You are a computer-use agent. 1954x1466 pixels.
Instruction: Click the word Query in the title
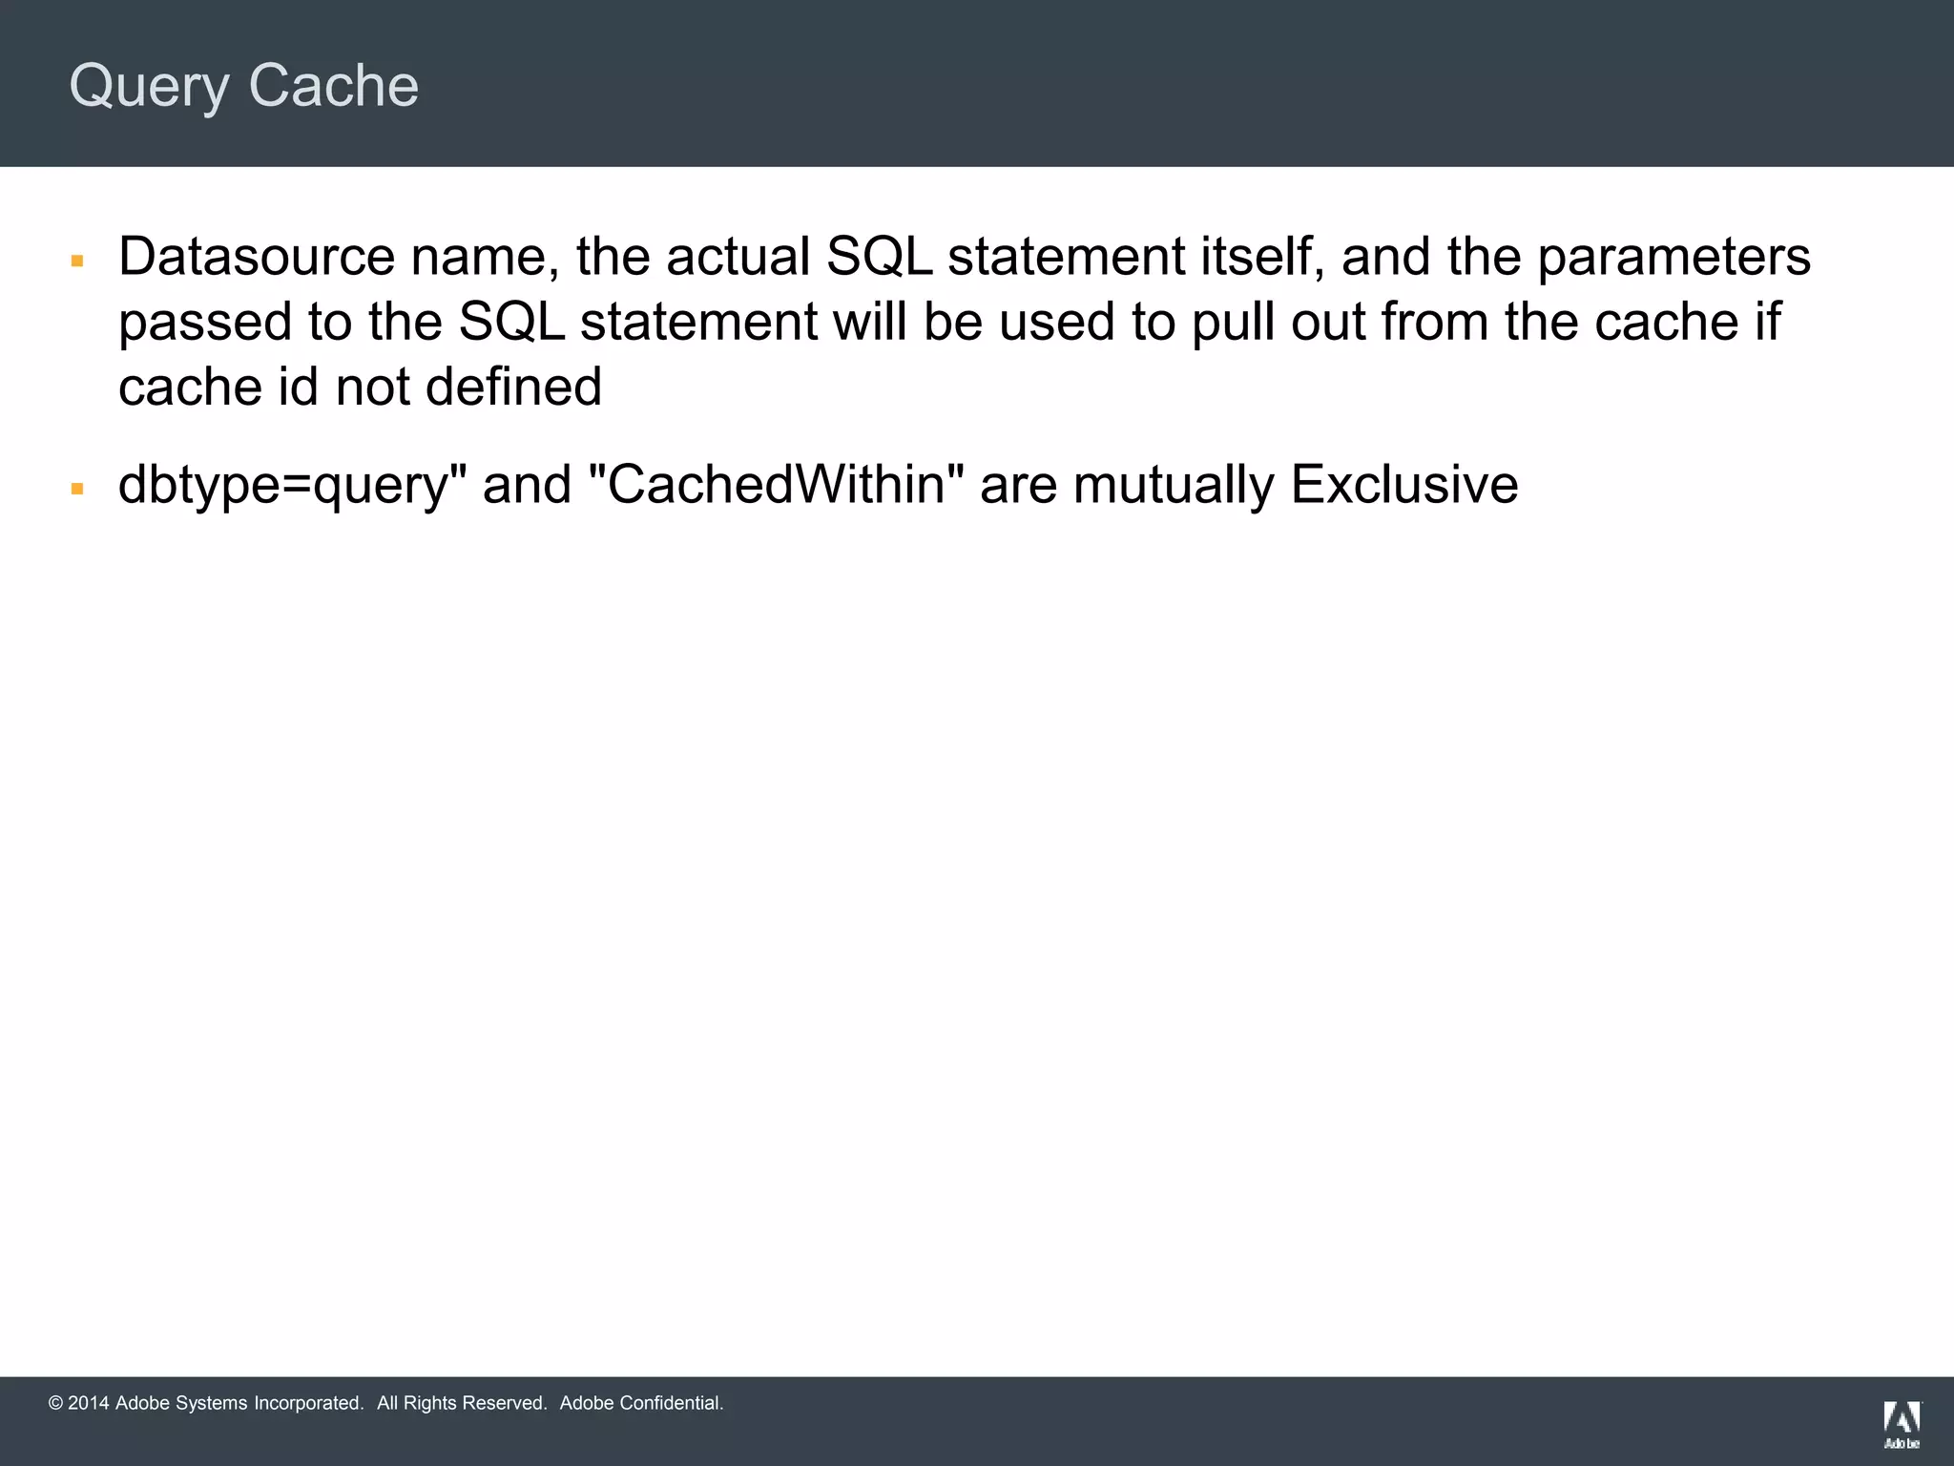[x=149, y=87]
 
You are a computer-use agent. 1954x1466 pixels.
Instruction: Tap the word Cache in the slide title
[x=333, y=86]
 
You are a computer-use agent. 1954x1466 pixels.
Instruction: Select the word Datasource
[x=257, y=257]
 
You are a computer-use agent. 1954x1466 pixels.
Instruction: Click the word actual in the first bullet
[x=738, y=257]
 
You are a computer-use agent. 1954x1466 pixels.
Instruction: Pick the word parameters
[x=1673, y=259]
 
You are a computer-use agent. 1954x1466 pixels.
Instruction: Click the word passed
[x=205, y=323]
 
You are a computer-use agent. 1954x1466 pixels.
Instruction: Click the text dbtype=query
[x=283, y=486]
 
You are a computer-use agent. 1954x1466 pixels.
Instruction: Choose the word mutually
[x=1173, y=486]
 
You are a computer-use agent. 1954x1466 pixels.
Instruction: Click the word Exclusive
[x=1403, y=484]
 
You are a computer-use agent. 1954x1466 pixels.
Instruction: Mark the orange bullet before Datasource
[x=78, y=261]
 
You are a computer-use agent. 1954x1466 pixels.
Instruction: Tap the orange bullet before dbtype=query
[x=78, y=489]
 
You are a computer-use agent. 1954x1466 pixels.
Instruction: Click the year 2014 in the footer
[x=89, y=1403]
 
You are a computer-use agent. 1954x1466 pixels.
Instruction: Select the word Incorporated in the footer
[x=308, y=1403]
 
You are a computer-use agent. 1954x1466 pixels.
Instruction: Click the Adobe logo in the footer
[x=1901, y=1425]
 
